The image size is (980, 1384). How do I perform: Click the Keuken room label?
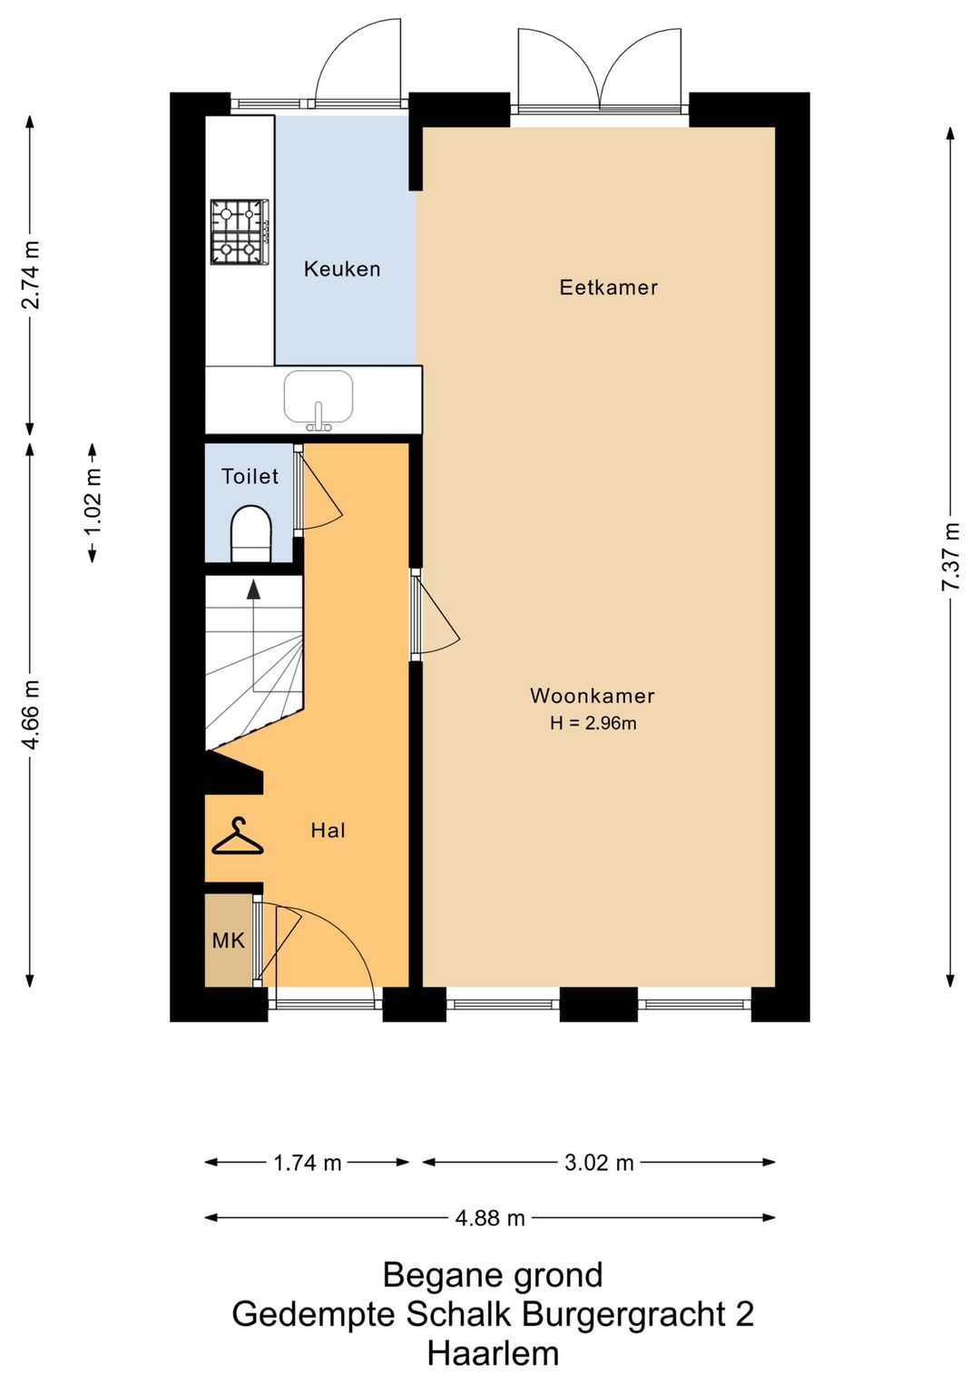(x=342, y=268)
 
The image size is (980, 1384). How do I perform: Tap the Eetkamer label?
(x=608, y=288)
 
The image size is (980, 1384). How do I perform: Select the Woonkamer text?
(x=593, y=696)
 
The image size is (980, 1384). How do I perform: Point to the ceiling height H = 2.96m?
(x=593, y=723)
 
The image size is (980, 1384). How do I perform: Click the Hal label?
(x=328, y=831)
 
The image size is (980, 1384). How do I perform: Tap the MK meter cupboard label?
(x=228, y=941)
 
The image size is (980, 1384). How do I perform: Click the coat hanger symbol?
(x=238, y=836)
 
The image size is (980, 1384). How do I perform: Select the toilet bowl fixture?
(x=251, y=534)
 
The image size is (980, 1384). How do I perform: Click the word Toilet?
(x=250, y=476)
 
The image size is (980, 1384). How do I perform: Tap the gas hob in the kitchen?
(x=240, y=231)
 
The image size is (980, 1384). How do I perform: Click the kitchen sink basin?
(x=318, y=396)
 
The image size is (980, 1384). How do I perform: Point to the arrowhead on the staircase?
(x=253, y=590)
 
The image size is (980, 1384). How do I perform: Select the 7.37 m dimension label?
(x=951, y=557)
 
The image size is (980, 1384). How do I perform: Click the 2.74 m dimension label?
(x=30, y=274)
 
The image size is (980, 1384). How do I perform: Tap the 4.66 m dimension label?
(x=30, y=715)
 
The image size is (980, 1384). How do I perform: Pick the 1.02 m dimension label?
(x=93, y=503)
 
